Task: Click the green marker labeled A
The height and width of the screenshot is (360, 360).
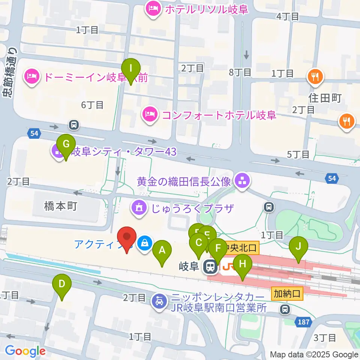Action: (162, 250)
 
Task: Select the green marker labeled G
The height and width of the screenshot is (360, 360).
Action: (66, 144)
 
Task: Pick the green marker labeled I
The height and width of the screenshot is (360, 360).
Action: (131, 69)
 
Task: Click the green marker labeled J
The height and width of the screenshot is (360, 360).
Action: (298, 247)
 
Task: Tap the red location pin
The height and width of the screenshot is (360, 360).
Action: (127, 238)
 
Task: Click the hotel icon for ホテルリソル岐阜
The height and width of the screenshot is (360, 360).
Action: (153, 9)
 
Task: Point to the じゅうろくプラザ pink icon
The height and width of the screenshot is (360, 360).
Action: (138, 208)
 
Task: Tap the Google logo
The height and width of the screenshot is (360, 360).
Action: (25, 351)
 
